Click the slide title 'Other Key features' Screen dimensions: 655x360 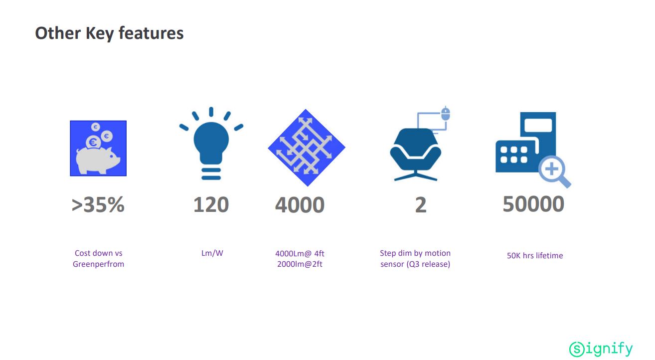109,33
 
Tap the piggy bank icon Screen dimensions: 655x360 98,148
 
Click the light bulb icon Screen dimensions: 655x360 211,143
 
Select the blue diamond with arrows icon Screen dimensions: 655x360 307,148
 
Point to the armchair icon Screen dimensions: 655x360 416,154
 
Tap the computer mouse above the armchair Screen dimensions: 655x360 445,114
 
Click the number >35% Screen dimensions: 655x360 98,204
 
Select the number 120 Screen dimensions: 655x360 211,204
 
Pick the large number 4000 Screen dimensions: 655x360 300,205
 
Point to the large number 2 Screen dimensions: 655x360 421,205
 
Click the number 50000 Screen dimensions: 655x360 533,204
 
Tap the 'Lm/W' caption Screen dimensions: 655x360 212,253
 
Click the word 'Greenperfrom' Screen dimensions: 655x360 98,264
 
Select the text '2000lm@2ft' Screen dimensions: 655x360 300,264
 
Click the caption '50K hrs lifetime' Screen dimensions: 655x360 535,256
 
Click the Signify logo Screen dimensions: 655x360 601,349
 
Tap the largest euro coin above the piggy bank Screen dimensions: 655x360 93,143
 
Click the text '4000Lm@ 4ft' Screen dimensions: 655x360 300,253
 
